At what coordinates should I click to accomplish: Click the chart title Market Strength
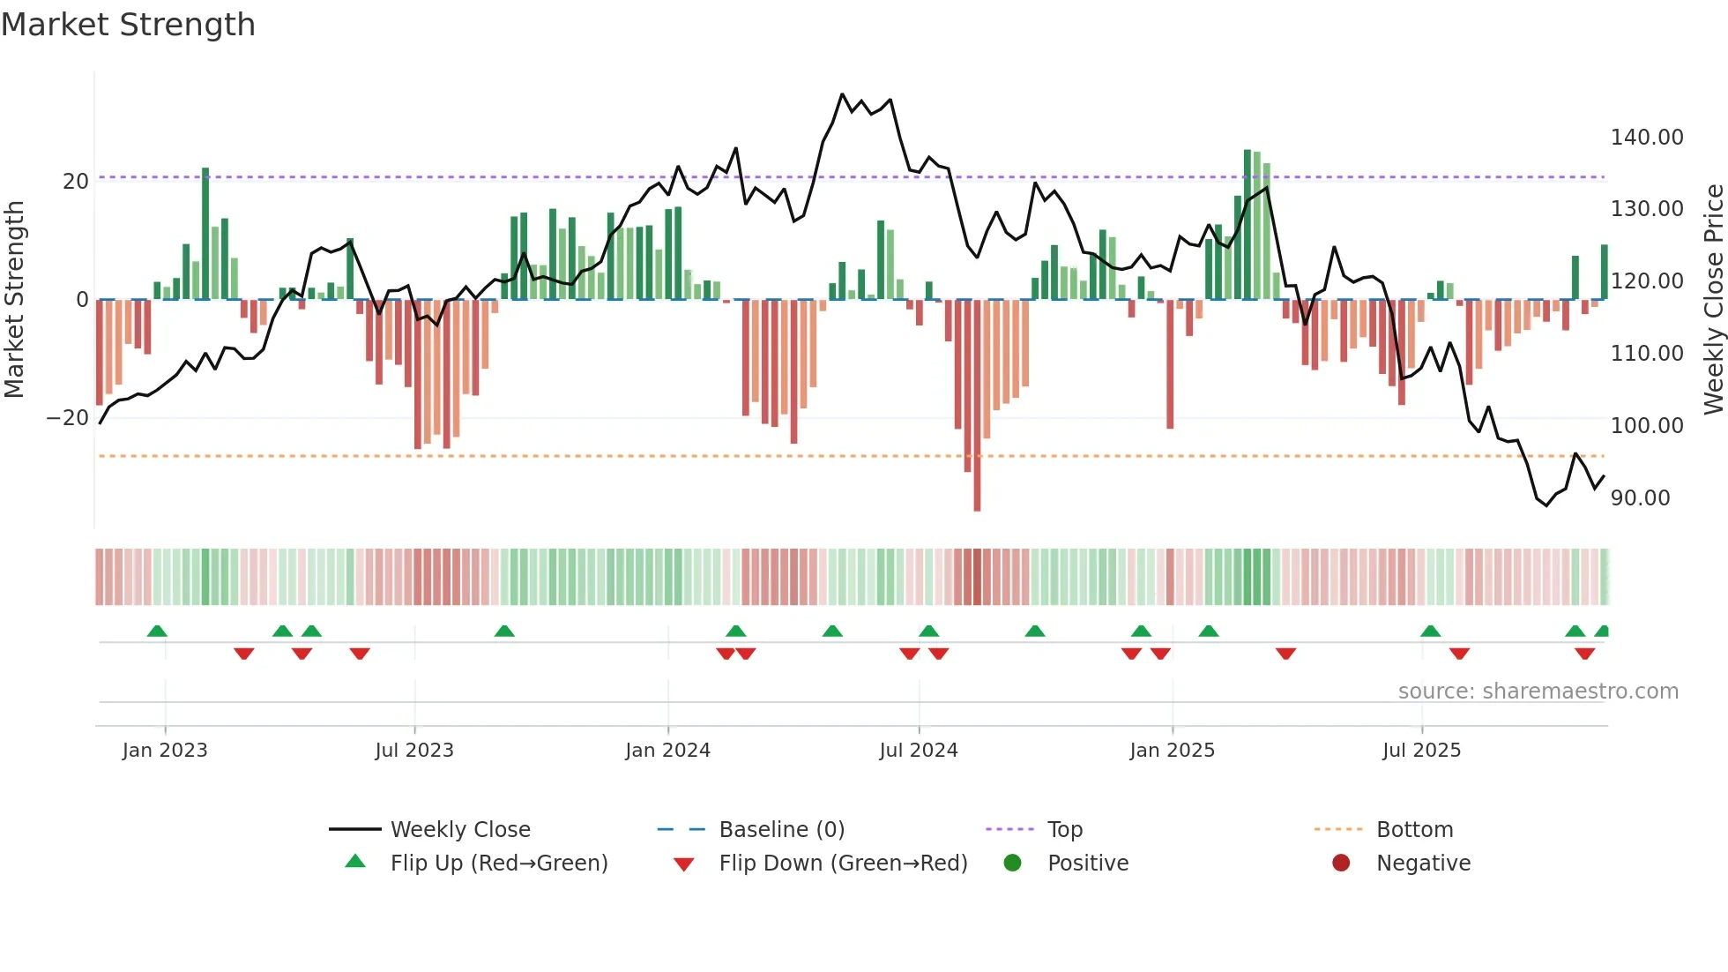coord(128,25)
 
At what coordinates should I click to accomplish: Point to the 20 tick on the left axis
coord(76,182)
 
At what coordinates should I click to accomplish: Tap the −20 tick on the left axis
coord(68,418)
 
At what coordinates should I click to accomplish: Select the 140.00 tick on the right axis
coord(1646,138)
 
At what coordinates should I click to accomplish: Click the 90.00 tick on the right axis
coord(1640,498)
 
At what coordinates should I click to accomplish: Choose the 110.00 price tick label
coord(1646,354)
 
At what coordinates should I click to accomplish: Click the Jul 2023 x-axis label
coord(413,751)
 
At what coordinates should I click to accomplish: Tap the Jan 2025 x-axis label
coord(1172,751)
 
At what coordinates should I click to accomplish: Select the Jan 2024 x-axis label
coord(667,751)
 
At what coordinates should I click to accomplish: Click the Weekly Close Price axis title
coord(1713,300)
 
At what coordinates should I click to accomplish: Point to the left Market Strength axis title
coord(15,300)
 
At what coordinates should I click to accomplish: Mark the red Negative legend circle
coord(1341,863)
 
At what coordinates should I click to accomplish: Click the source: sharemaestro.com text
coord(1538,692)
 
